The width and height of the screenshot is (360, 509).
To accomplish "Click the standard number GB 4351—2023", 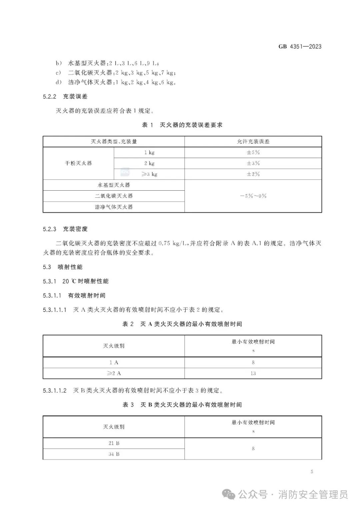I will tap(300, 47).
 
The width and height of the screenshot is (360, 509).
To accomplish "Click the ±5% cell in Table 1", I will tap(253, 152).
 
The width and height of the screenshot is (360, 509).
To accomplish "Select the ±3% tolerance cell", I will tap(253, 163).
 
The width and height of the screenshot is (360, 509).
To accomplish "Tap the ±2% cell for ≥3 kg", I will tap(253, 174).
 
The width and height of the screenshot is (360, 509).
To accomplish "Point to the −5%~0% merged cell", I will tap(253, 196).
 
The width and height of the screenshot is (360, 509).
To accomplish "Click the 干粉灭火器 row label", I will tap(78, 163).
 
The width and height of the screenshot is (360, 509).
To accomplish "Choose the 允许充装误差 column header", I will tap(253, 141).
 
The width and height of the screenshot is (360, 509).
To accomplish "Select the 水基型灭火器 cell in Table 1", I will tap(114, 185).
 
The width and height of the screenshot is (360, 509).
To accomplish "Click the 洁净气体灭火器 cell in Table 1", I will tap(114, 207).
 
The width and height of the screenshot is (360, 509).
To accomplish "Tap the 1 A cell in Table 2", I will tap(114, 362).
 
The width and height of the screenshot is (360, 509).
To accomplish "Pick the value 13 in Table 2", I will tap(253, 373).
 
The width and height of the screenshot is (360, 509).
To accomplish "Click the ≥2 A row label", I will tap(114, 373).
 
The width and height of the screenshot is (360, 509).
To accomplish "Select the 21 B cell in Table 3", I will tap(114, 443).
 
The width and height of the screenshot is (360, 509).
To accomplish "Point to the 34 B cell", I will tap(114, 454).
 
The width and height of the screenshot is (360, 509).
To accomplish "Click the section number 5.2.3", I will tap(50, 229).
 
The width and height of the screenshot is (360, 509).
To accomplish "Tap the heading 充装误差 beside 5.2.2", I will tap(75, 96).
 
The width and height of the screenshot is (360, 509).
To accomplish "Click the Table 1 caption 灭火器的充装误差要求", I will tap(191, 125).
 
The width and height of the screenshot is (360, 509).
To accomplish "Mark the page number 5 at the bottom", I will tap(312, 472).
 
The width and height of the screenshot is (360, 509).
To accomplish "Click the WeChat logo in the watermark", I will tap(230, 494).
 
